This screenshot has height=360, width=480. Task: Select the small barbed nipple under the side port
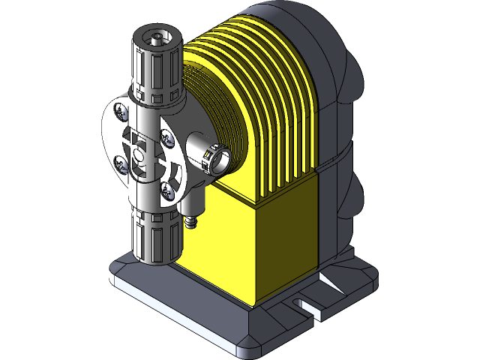190,222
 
